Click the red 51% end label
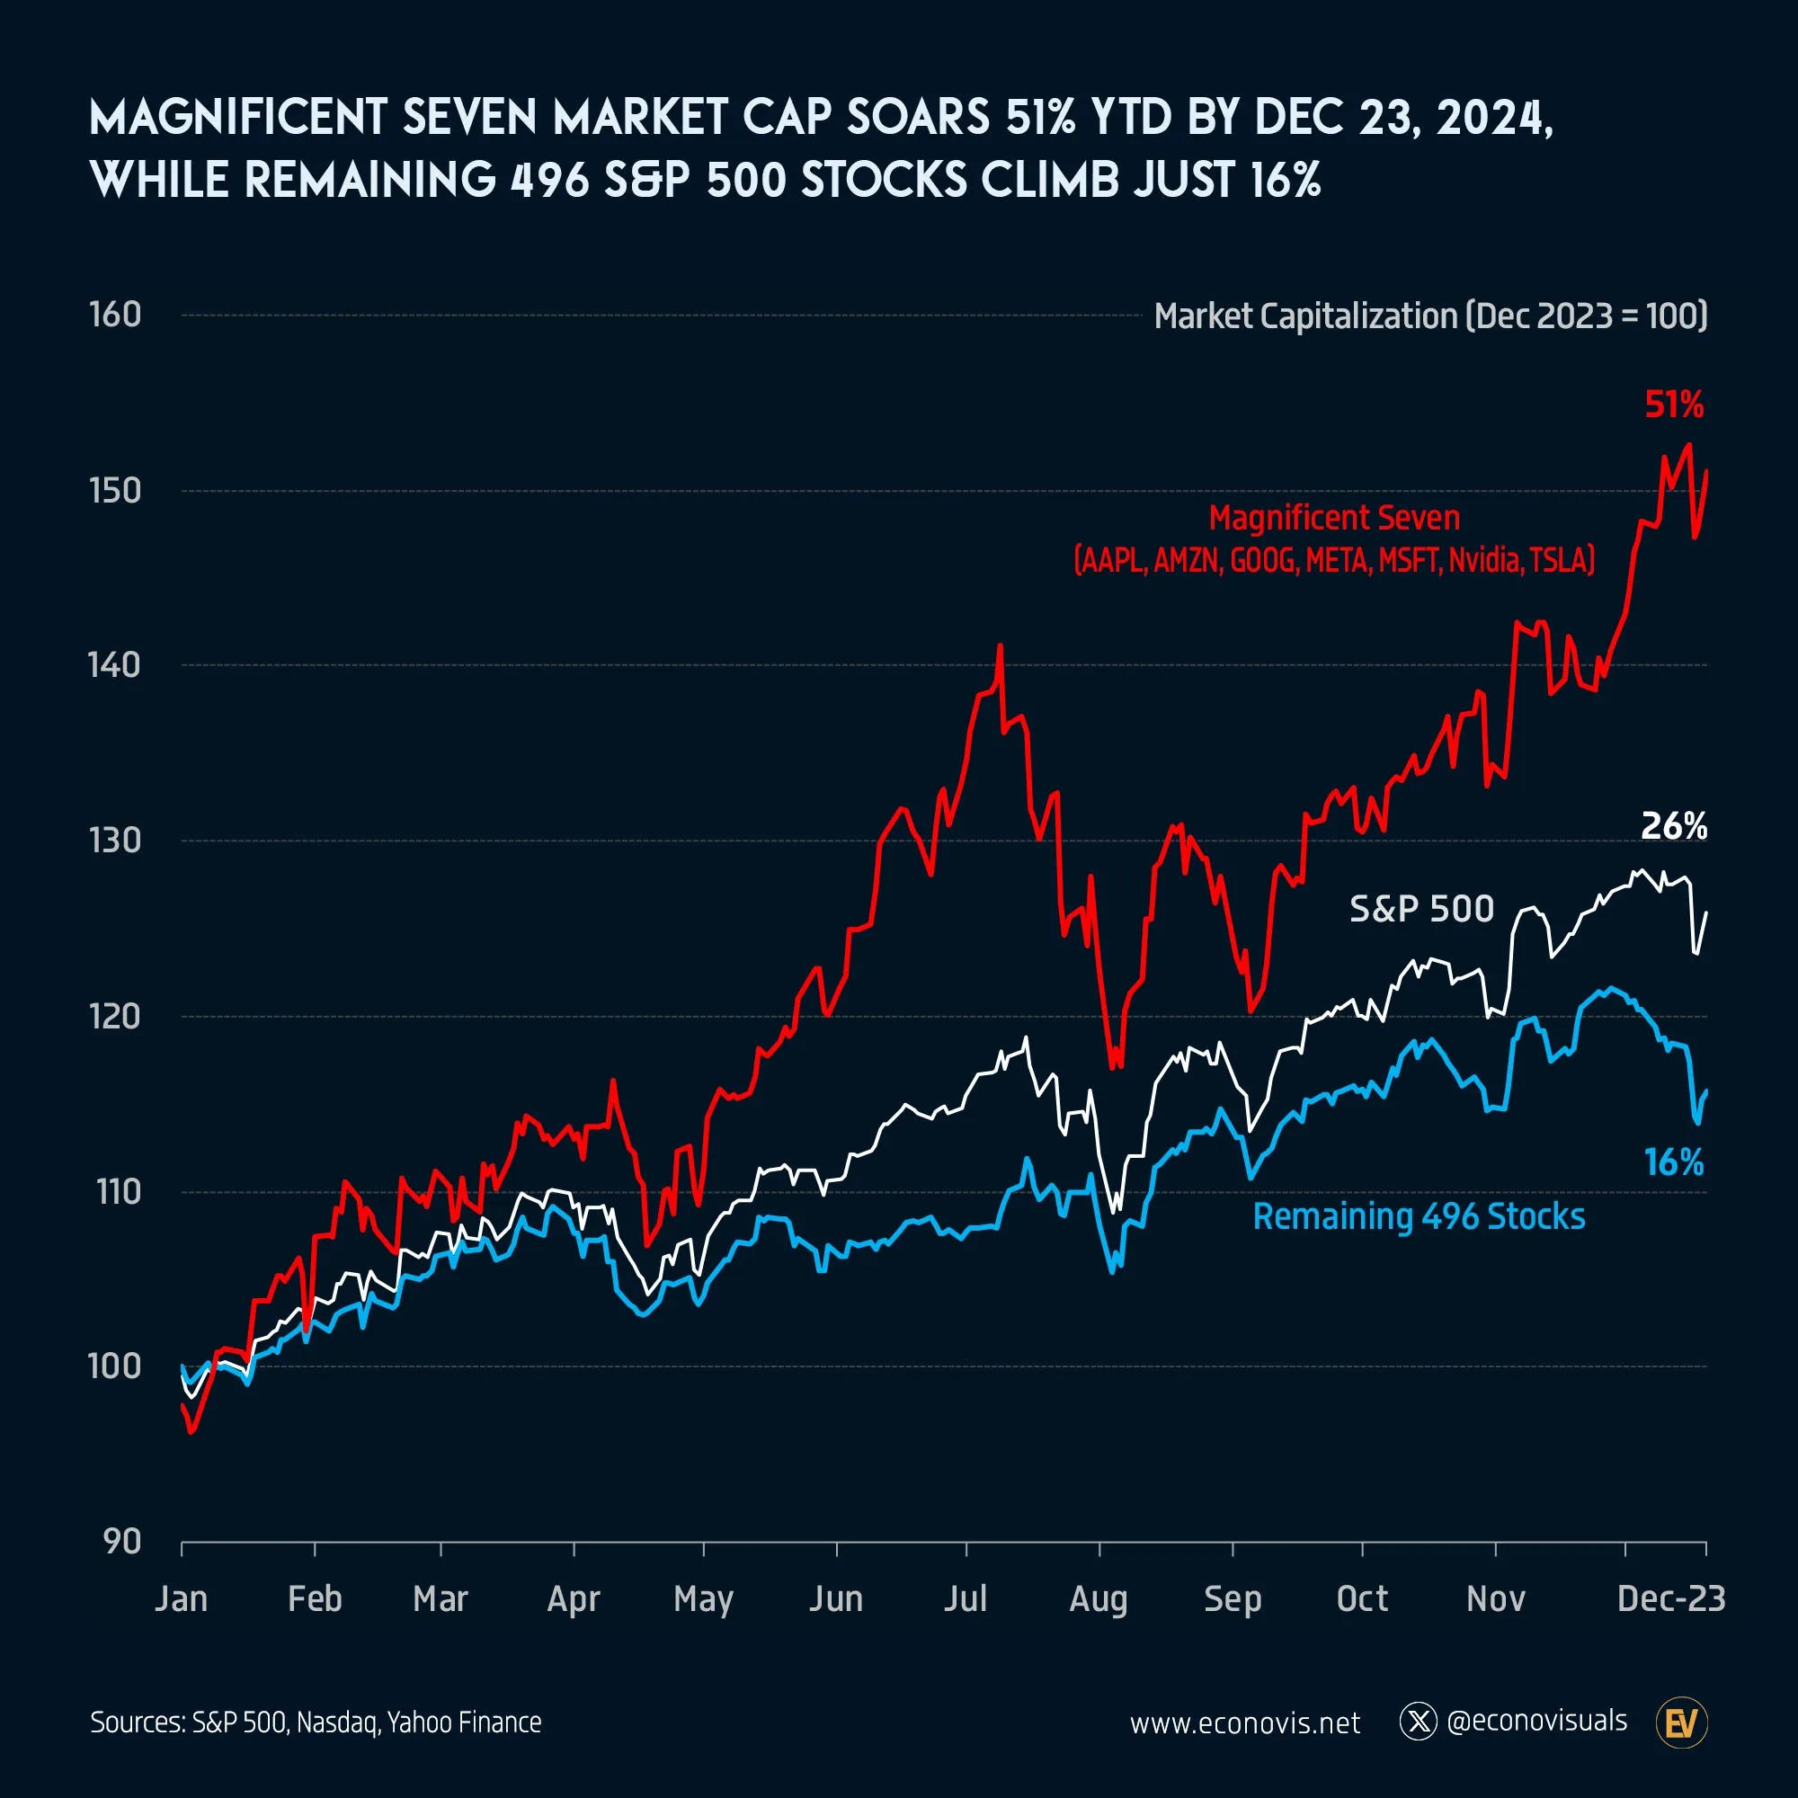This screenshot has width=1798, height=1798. point(1673,405)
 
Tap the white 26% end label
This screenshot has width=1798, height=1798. point(1673,825)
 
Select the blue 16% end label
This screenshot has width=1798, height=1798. point(1673,1162)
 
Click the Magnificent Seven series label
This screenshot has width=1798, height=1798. point(1333,518)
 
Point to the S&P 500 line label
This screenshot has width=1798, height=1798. point(1421,908)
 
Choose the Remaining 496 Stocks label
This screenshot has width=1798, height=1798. point(1419,1216)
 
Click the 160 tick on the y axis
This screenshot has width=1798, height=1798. point(115,315)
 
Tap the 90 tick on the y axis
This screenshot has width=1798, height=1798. point(121,1542)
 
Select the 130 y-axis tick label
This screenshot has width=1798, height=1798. point(115,841)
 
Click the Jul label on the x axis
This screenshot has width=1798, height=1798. point(965,1598)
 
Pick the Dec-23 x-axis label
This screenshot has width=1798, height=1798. point(1670,1598)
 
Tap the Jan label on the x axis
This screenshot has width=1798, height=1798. point(181,1598)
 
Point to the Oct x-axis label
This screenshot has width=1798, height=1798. point(1361,1598)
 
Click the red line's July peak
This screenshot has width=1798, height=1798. point(1001,645)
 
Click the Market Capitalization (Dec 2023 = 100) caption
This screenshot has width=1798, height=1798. point(1430,316)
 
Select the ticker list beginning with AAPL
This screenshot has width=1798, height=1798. point(1333,560)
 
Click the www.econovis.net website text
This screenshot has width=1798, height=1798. point(1244,1723)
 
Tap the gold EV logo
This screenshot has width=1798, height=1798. point(1682,1722)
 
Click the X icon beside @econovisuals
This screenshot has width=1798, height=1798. point(1419,1722)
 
